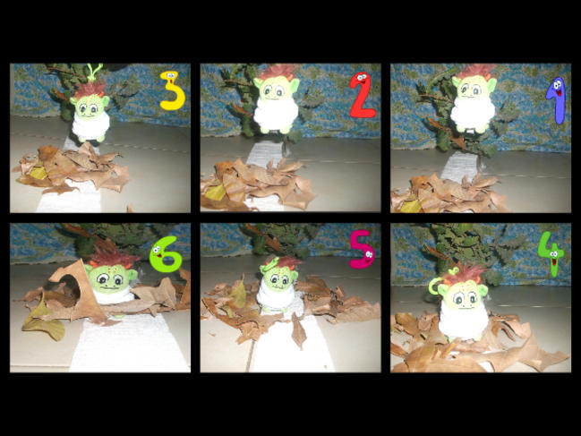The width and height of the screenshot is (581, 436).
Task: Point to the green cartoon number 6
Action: (166, 254)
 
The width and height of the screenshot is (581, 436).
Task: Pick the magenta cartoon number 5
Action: (362, 249)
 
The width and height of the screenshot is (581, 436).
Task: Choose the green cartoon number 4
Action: (551, 253)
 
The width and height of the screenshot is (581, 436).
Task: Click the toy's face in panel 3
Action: (90, 107)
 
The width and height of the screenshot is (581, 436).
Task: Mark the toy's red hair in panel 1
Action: (475, 72)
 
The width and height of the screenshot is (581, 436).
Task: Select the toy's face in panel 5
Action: (279, 278)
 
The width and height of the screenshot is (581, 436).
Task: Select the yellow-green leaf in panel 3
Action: (38, 173)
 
